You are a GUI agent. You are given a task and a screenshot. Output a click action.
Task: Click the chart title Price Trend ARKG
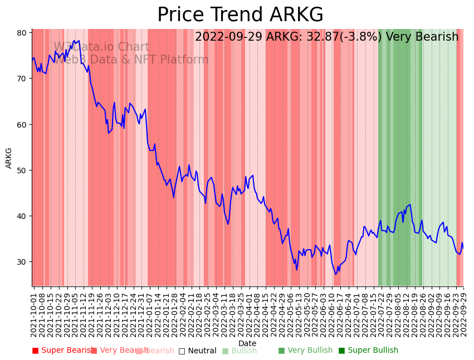[240, 15]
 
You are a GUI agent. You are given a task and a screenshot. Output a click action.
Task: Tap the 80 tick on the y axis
[22, 33]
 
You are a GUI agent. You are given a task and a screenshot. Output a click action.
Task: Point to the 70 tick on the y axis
[22, 79]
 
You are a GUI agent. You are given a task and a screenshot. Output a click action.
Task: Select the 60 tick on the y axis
[22, 124]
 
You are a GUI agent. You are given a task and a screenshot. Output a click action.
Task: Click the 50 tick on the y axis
[22, 170]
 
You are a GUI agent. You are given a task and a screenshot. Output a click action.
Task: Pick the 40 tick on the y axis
[22, 216]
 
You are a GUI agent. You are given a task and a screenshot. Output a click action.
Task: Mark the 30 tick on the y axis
[22, 262]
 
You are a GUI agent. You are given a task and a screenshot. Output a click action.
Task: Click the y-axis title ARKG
[9, 158]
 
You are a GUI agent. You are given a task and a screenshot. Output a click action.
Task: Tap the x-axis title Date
[247, 343]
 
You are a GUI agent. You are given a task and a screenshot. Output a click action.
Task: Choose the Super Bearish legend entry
[63, 351]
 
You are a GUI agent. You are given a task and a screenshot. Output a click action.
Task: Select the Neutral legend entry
[197, 351]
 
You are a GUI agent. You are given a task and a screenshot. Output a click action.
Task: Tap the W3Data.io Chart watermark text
[101, 47]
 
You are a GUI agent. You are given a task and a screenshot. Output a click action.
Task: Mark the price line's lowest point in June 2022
[335, 274]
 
